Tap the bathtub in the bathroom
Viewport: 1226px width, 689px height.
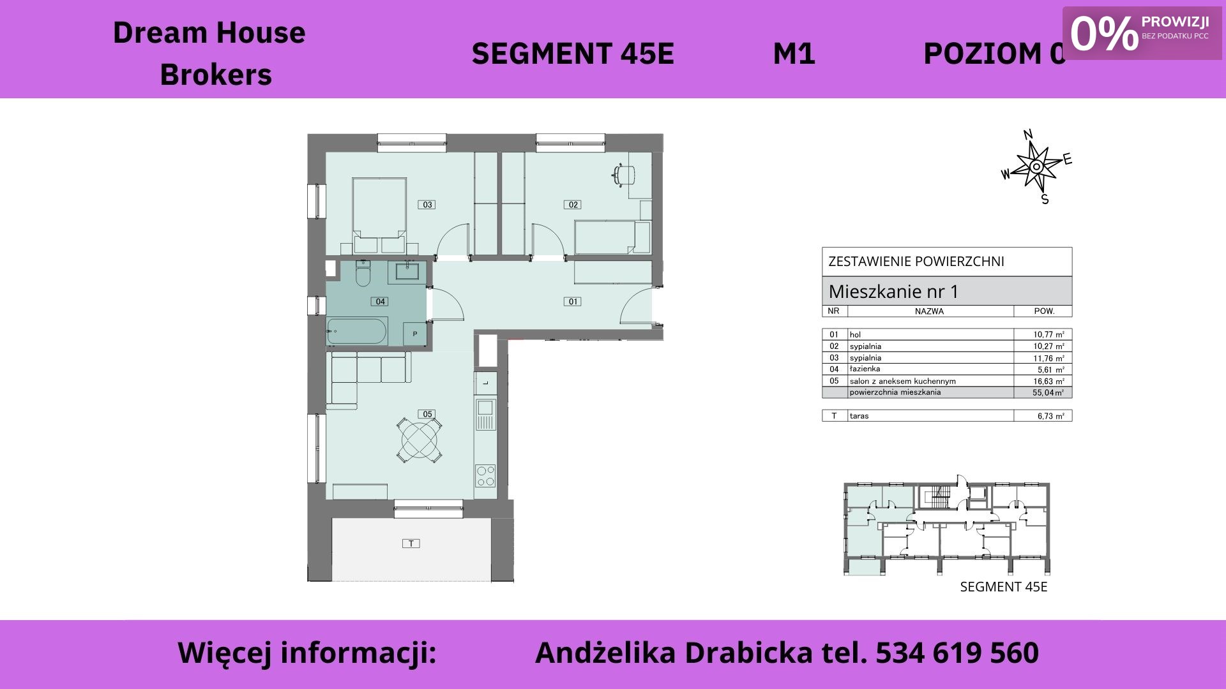tap(357, 332)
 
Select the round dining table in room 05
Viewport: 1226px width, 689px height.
tap(419, 440)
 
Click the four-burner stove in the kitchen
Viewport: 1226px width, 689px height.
tap(485, 476)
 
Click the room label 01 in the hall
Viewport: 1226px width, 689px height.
tap(573, 302)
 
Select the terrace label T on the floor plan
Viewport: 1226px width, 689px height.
tap(411, 544)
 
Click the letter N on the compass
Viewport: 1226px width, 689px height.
tap(1028, 135)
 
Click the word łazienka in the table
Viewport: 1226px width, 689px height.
tap(865, 369)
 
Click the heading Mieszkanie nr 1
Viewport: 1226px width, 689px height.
tap(893, 292)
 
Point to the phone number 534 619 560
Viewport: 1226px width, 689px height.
tap(957, 653)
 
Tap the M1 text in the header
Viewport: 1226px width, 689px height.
tap(794, 54)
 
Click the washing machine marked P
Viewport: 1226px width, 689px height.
tap(414, 334)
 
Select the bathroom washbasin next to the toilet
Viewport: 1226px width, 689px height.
tap(407, 271)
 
